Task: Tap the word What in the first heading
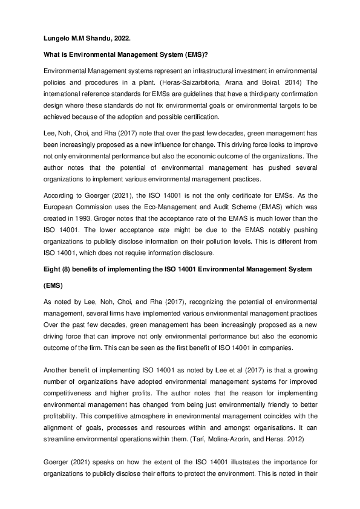tap(53, 54)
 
